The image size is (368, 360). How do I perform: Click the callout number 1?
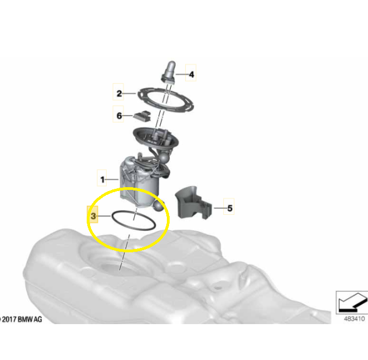pos(102,179)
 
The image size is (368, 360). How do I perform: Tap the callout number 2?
pos(119,93)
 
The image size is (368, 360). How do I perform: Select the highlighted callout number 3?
pos(93,216)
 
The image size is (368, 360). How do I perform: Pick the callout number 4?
pos(192,75)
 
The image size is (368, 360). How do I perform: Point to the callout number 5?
pos(230,208)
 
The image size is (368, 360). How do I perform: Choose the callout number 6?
pos(119,115)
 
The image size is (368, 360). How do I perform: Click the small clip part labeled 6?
pos(142,116)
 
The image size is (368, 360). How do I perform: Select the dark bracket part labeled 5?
pos(193,203)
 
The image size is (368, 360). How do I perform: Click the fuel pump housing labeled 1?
pos(140,181)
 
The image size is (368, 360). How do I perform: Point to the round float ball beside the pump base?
pos(159,206)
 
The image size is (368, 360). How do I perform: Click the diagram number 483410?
pos(354,319)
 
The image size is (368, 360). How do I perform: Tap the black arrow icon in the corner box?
pos(352,303)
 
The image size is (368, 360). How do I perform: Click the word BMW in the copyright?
pos(25,319)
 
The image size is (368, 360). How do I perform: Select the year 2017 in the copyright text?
pos(9,319)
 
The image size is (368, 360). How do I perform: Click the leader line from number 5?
pos(220,208)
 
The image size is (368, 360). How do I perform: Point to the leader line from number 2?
pos(129,93)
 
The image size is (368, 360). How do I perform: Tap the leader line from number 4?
pos(182,75)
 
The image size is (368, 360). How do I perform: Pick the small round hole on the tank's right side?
pos(218,287)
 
